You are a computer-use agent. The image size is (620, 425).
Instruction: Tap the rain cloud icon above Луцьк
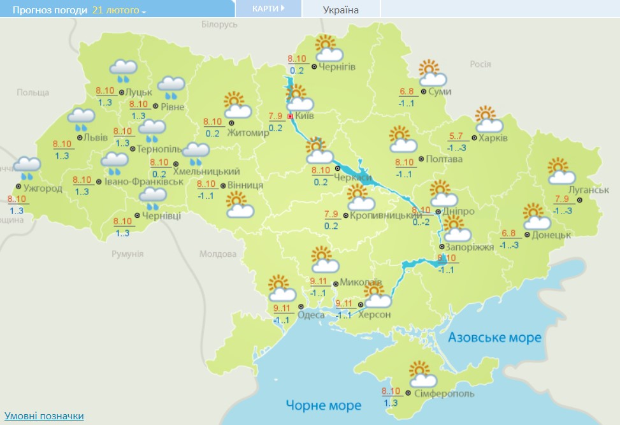pos(124,69)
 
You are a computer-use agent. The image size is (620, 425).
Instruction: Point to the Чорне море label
pos(323,405)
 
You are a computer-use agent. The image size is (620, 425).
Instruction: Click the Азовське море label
pos(494,337)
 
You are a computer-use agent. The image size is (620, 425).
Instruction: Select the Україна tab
pos(341,10)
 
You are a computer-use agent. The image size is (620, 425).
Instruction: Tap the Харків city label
pos(494,138)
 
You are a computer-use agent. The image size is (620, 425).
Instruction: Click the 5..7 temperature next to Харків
pos(456,136)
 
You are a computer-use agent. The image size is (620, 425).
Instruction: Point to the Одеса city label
pos(311,313)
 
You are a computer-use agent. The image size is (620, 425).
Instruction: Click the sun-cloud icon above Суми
pos(431,73)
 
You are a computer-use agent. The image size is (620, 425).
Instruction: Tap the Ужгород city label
pos(43,189)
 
